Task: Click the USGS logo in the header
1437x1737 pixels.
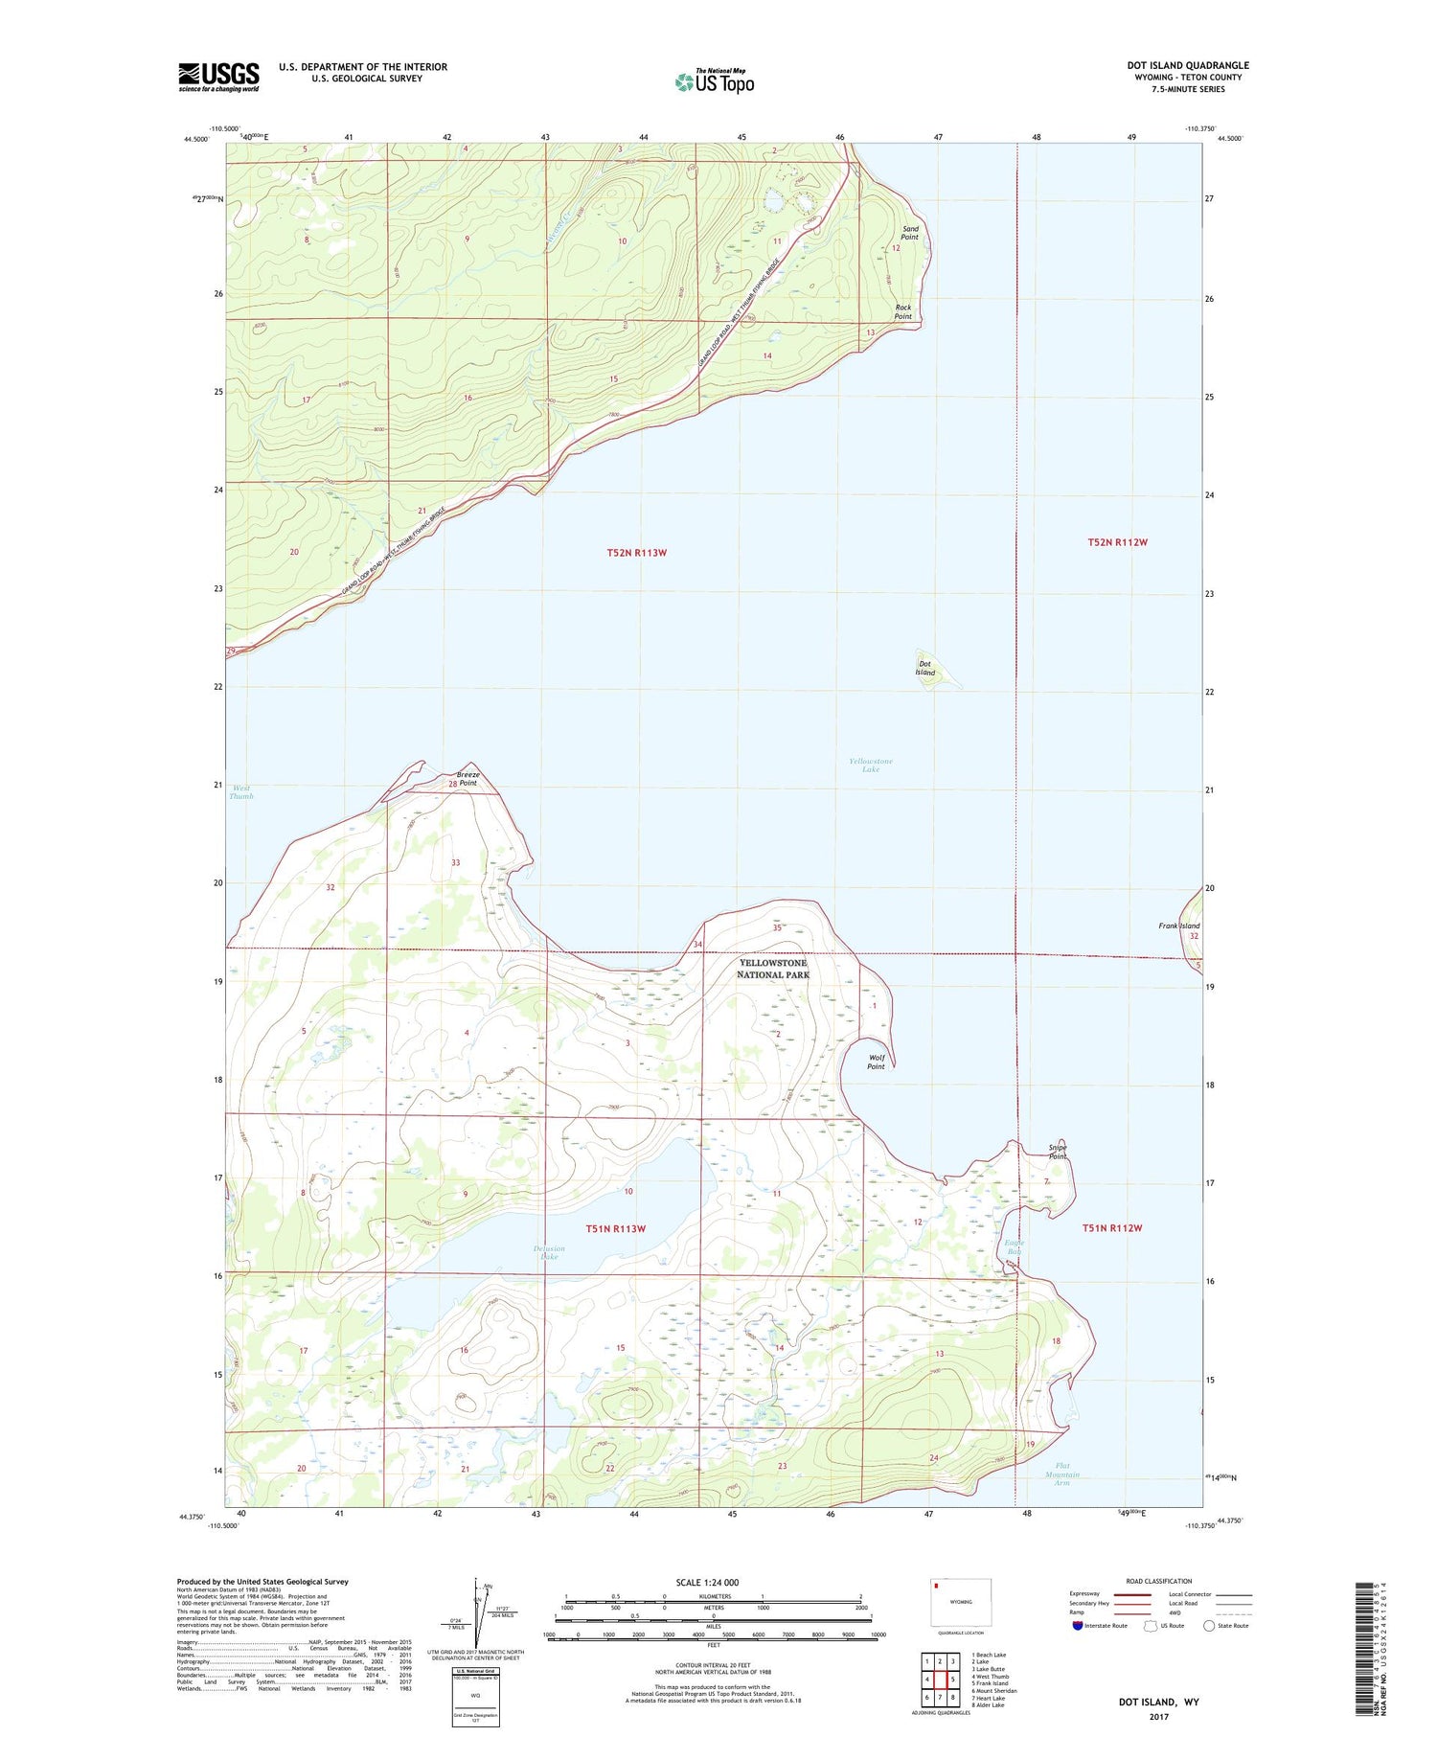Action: pos(218,77)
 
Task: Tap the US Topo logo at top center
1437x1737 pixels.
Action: pos(715,82)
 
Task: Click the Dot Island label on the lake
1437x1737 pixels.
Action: pos(924,668)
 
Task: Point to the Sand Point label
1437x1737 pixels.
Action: pos(910,233)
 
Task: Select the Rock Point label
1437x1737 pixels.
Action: pos(903,312)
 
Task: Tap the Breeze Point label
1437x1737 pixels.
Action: pos(468,778)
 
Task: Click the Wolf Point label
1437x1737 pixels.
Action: pos(876,1062)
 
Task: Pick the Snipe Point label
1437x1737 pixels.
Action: pos(1057,1152)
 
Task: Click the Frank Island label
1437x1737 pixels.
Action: pos(1178,926)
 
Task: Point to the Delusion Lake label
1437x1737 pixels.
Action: pos(549,1252)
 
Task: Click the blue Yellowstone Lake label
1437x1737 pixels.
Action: pos(870,765)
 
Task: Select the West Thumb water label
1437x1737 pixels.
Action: pos(240,792)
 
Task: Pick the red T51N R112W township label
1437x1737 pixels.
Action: pos(1112,1227)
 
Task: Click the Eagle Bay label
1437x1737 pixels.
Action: pos(1015,1247)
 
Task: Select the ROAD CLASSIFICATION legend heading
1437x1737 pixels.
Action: pos(1158,1581)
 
